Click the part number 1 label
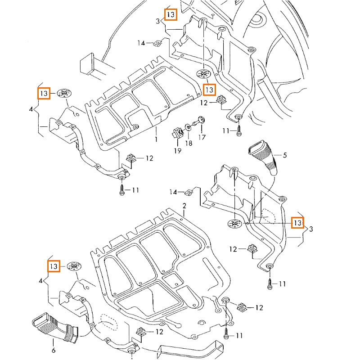click(x=156, y=139)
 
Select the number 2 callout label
click(x=184, y=206)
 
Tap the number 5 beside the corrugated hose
click(x=284, y=155)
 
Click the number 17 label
click(x=202, y=137)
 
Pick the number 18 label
click(x=189, y=143)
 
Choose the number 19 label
click(x=178, y=151)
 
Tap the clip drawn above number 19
click(x=176, y=133)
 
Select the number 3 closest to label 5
click(x=311, y=229)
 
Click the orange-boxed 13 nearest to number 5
click(x=297, y=222)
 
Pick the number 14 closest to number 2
click(x=173, y=193)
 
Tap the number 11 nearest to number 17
click(x=225, y=130)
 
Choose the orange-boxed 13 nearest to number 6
click(x=54, y=266)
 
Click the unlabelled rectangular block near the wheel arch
click(x=90, y=63)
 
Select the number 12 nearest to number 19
click(x=203, y=103)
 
